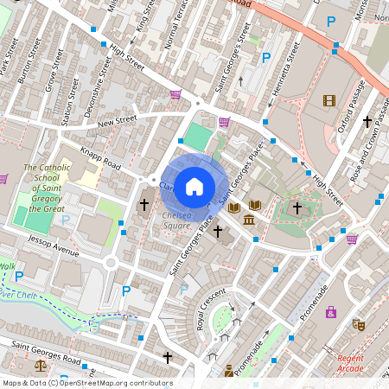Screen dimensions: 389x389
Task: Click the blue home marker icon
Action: point(194,185)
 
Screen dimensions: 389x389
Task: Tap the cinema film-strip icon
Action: point(328,100)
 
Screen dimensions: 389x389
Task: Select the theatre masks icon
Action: point(358,325)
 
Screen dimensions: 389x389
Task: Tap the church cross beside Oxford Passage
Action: point(367,122)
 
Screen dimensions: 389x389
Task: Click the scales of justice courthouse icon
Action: point(228,372)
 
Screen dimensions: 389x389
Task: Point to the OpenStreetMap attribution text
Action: point(86,383)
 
